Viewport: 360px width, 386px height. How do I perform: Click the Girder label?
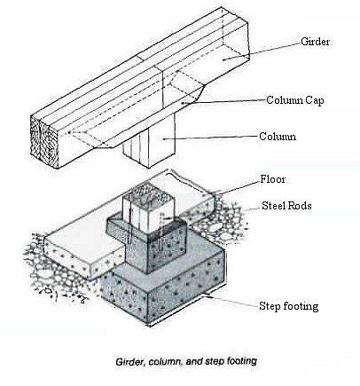(x=315, y=42)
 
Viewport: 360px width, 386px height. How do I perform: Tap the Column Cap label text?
(x=295, y=100)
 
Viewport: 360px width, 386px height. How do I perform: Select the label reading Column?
(x=278, y=137)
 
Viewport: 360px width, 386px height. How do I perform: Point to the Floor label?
(x=273, y=179)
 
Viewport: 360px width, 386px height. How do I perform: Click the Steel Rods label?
(x=286, y=206)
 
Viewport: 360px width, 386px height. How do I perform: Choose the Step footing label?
(x=289, y=306)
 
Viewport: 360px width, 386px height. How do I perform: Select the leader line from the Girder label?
(x=262, y=51)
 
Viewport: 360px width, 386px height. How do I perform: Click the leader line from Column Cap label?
(x=223, y=101)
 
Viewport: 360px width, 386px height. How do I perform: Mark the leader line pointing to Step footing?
(x=232, y=302)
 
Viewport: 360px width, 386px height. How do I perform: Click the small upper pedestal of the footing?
(x=148, y=246)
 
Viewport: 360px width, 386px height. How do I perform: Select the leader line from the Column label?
(x=211, y=138)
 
